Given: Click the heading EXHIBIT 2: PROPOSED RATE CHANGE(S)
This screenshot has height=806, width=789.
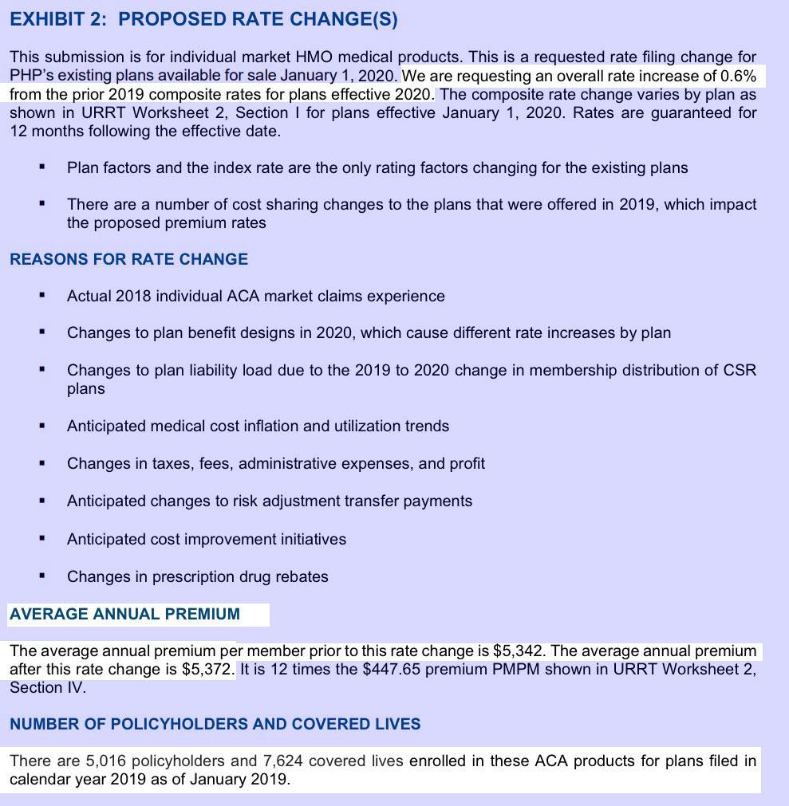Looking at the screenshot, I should coord(203,20).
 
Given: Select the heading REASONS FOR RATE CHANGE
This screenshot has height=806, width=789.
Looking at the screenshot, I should coord(128,259).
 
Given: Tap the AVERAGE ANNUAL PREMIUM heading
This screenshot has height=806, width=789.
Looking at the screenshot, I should coord(124,614).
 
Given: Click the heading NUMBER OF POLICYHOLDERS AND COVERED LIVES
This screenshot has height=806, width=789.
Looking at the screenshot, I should coord(215,724).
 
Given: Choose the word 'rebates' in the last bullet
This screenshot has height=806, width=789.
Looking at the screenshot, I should coord(301,576).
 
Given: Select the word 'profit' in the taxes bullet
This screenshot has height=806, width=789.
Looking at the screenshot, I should coord(464,463).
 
